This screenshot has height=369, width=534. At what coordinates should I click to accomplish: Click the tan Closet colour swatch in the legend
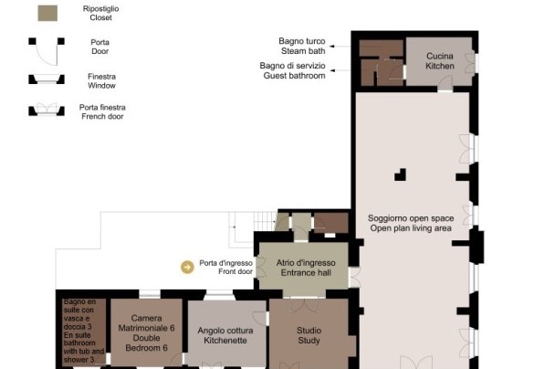pyautogui.click(x=47, y=14)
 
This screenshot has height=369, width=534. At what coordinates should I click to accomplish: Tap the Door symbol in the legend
pyautogui.click(x=47, y=51)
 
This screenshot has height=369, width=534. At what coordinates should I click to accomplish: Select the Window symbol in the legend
pyautogui.click(x=47, y=79)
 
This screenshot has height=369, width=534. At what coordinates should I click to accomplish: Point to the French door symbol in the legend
pyautogui.click(x=47, y=109)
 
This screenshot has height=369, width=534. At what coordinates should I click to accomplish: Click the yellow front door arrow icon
pyautogui.click(x=187, y=267)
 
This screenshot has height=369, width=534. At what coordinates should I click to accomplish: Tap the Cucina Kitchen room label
pyautogui.click(x=440, y=61)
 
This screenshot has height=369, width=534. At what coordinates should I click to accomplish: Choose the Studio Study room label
pyautogui.click(x=309, y=335)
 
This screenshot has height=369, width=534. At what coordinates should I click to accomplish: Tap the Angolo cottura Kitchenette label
pyautogui.click(x=225, y=335)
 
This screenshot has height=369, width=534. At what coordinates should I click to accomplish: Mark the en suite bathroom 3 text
pyautogui.click(x=84, y=331)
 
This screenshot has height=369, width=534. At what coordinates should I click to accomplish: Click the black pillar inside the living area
pyautogui.click(x=401, y=174)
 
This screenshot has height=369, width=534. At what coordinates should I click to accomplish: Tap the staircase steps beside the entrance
pyautogui.click(x=265, y=221)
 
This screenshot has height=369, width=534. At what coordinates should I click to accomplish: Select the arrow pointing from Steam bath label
pyautogui.click(x=340, y=46)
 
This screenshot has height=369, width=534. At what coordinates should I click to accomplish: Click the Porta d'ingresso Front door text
pyautogui.click(x=225, y=267)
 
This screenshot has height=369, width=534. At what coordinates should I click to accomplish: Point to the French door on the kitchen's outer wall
pyautogui.click(x=471, y=63)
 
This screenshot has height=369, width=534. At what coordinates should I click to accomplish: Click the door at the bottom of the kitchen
pyautogui.click(x=445, y=84)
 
